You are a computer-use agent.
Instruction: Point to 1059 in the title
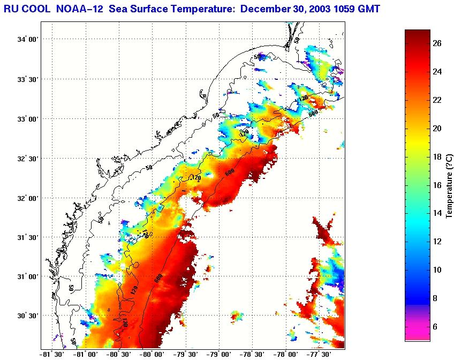click(336, 9)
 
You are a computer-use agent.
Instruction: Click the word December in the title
click(261, 9)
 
